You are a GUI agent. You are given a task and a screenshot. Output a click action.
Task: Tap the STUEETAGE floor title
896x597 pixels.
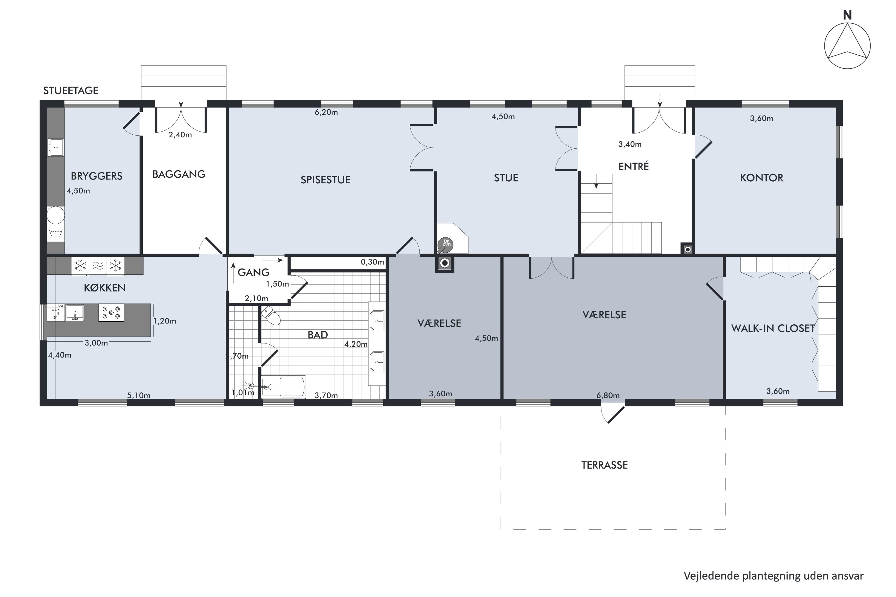[x=70, y=90]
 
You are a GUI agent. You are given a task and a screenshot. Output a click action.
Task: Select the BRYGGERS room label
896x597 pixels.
[x=97, y=176]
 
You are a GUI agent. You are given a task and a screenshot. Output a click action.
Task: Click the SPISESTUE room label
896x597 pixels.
[x=326, y=180]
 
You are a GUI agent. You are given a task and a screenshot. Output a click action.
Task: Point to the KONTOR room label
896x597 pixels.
[x=762, y=178]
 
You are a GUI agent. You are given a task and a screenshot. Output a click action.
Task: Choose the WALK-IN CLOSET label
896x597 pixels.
[x=773, y=328]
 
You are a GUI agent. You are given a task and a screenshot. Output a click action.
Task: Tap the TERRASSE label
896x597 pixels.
[x=604, y=465]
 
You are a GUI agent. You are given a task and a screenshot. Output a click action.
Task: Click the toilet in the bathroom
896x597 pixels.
[x=271, y=316]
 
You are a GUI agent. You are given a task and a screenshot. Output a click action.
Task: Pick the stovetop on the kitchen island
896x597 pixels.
[x=111, y=312]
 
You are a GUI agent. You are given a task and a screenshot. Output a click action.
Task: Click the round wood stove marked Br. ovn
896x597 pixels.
[x=446, y=245]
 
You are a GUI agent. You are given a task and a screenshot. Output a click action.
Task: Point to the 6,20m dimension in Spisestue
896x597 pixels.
[x=326, y=112]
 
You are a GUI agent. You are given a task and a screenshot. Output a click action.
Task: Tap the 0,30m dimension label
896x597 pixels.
[x=372, y=262]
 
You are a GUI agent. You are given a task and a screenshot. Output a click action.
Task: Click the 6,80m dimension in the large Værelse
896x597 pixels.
[x=608, y=396]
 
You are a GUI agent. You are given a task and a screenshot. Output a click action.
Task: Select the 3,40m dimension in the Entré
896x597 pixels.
[x=630, y=144]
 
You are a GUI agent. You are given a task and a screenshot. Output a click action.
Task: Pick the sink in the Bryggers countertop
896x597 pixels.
[x=56, y=147]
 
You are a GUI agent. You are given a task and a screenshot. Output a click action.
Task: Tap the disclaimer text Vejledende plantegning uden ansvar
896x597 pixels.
[x=773, y=576]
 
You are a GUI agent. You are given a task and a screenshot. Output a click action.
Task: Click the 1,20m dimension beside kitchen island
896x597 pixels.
[x=165, y=321]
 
